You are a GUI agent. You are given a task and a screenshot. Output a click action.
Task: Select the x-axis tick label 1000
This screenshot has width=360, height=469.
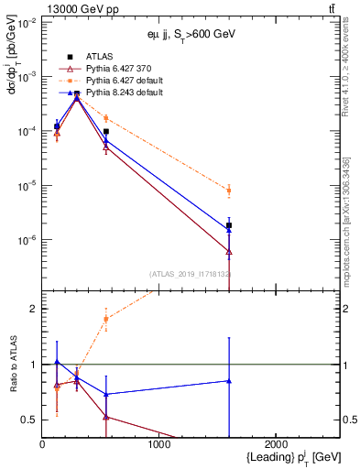(159, 444)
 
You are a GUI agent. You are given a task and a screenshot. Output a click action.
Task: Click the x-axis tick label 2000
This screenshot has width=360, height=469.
(278, 444)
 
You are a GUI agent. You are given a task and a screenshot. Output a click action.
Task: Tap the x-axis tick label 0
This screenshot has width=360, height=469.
(42, 444)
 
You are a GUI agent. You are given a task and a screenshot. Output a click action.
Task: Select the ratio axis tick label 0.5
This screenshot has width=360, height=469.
(27, 420)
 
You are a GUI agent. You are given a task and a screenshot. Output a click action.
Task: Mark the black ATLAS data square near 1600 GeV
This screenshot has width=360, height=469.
(229, 224)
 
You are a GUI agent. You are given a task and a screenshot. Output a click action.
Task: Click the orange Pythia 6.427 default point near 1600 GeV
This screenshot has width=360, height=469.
(229, 191)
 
